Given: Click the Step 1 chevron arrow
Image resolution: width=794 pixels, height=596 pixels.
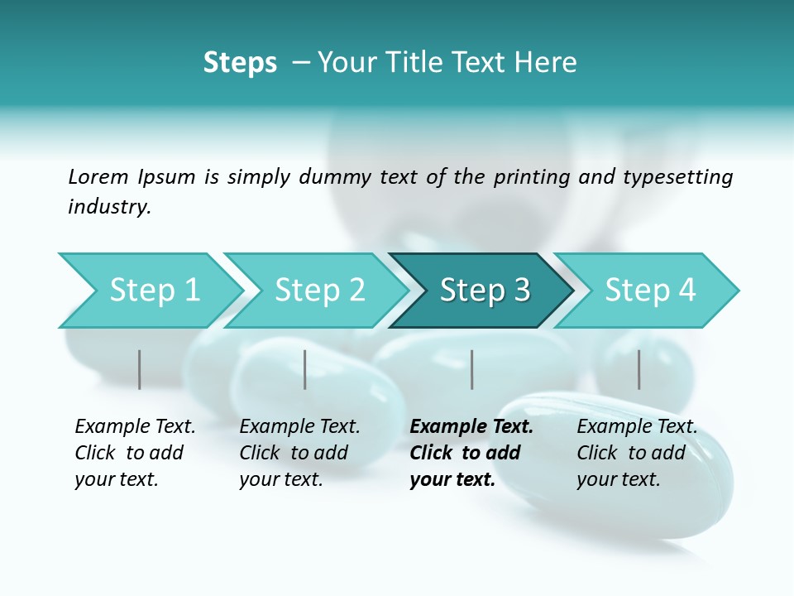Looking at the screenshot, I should click(153, 291).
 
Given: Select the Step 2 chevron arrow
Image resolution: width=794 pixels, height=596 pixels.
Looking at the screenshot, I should click(318, 291).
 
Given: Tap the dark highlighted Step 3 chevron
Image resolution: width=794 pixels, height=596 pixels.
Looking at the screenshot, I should click(484, 291).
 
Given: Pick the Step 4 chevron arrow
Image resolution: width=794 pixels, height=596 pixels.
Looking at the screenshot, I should click(649, 291).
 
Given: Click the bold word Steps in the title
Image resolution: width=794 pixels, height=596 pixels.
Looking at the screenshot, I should click(240, 63).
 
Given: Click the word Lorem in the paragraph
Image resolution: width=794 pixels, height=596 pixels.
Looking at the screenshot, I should click(98, 176).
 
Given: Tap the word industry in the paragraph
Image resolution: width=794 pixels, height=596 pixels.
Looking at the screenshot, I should click(108, 207).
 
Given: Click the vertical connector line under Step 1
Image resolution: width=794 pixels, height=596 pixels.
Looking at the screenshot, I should click(139, 369).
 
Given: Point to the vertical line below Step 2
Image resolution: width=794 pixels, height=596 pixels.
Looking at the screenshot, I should click(304, 369).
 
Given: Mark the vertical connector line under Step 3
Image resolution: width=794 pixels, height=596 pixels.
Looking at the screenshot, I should click(471, 369).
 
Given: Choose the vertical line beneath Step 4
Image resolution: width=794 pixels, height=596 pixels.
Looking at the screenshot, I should click(639, 369).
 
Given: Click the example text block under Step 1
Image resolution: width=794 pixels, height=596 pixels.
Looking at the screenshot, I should click(135, 453).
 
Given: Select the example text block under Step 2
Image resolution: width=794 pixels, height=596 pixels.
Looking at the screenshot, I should click(299, 453).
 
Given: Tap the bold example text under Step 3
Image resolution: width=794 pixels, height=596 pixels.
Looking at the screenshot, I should click(471, 453).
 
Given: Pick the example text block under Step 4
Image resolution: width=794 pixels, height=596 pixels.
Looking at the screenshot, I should click(637, 453).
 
